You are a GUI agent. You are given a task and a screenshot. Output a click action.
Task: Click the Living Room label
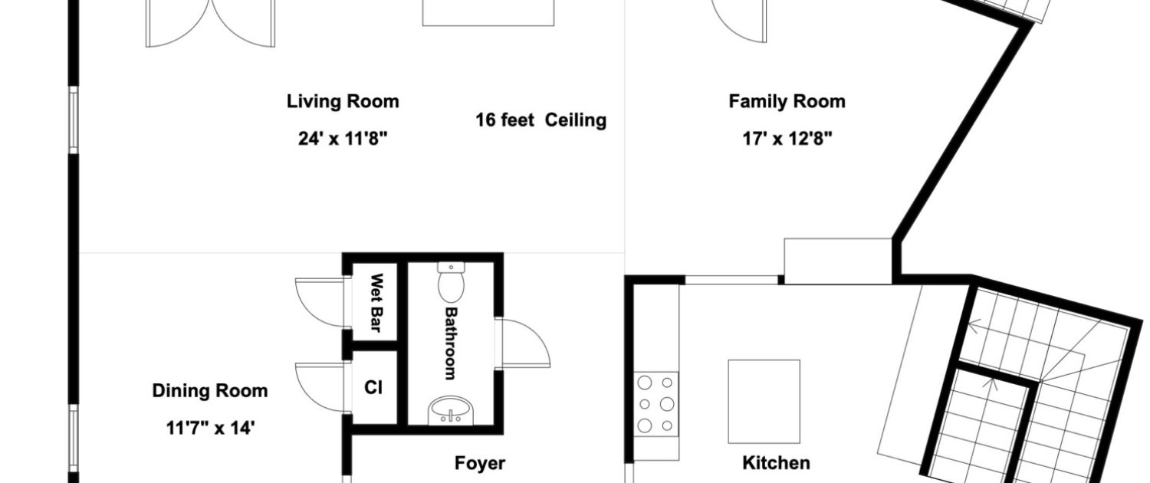(x=343, y=101)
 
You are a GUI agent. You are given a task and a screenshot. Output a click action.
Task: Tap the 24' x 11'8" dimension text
(x=343, y=138)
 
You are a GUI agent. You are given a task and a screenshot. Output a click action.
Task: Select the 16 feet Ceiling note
(x=540, y=120)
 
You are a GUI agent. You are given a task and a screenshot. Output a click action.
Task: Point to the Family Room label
(x=787, y=101)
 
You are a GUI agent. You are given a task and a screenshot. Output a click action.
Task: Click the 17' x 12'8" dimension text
(x=787, y=138)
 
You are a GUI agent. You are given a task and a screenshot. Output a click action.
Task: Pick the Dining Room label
(x=210, y=390)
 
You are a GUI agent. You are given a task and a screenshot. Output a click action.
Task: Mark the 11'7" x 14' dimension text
(x=210, y=428)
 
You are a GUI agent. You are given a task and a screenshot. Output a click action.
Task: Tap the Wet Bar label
(x=377, y=302)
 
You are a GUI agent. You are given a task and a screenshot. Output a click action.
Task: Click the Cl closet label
(x=373, y=387)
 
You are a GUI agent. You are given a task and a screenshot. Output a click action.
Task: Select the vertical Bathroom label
(x=450, y=343)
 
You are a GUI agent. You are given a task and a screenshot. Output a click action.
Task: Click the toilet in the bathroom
(x=451, y=282)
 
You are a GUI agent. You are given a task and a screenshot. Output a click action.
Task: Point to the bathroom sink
(x=452, y=410)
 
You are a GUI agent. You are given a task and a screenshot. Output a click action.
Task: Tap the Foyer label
(x=479, y=463)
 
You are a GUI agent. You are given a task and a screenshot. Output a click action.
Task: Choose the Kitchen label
(x=776, y=463)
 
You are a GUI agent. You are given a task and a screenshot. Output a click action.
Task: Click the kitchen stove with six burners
(x=655, y=404)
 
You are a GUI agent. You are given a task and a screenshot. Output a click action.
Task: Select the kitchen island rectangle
(x=764, y=402)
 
